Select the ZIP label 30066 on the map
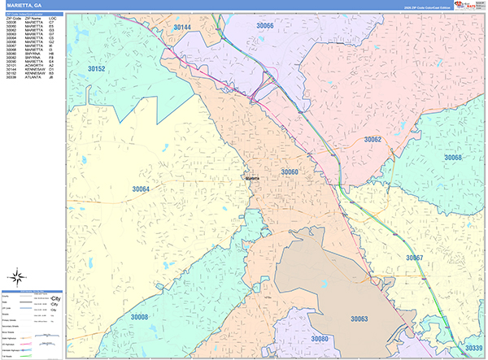[x=264, y=26]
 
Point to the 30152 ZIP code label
[x=96, y=70]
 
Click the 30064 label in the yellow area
[x=141, y=189]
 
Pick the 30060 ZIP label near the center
[x=290, y=172]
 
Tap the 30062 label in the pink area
[x=373, y=140]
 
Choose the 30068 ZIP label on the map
[x=452, y=158]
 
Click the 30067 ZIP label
[x=414, y=257]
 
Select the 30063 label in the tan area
[x=359, y=319]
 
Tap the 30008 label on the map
[x=139, y=317]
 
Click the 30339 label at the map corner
[x=473, y=348]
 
